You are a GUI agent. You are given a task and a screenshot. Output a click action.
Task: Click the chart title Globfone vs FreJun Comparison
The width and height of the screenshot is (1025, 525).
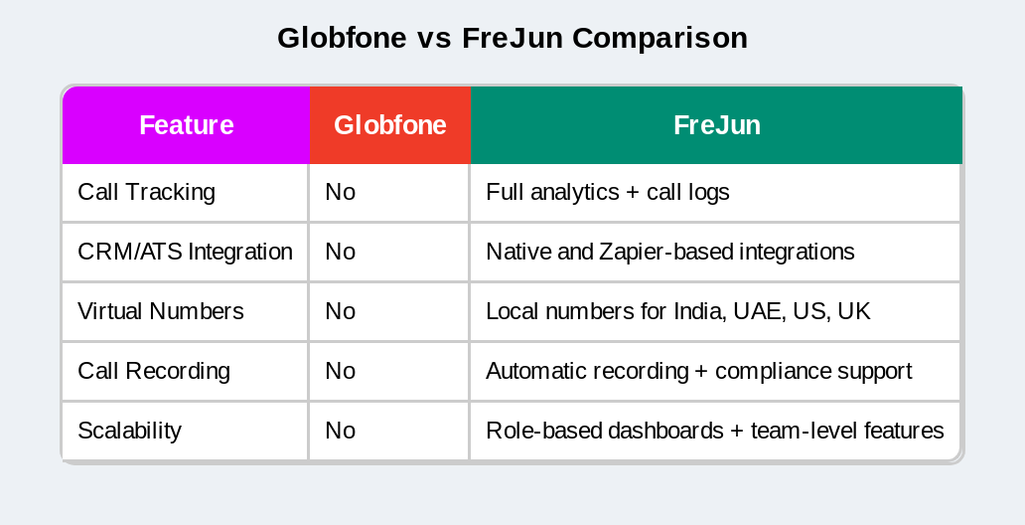tap(512, 38)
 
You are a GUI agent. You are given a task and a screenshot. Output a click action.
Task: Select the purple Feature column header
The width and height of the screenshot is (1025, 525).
tap(186, 125)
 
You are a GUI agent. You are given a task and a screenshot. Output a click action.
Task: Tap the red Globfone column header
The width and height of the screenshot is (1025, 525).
tap(389, 125)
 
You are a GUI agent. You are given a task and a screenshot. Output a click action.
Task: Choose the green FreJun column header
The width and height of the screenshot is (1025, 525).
tap(716, 125)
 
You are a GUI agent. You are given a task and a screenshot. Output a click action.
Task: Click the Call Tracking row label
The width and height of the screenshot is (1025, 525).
tap(146, 192)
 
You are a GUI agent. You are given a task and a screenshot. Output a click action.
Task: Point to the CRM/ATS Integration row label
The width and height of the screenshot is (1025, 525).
tap(185, 252)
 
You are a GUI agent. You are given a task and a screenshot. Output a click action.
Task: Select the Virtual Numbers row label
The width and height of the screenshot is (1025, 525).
tap(160, 311)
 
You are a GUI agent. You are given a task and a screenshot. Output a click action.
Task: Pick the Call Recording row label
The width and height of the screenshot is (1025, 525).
tap(153, 371)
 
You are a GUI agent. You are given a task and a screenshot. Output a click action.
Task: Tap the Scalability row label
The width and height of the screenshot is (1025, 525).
tap(129, 431)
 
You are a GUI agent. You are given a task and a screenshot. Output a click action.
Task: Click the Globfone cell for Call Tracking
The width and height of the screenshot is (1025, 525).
tap(340, 192)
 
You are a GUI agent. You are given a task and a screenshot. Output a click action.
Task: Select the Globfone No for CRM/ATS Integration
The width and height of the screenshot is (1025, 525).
tap(340, 252)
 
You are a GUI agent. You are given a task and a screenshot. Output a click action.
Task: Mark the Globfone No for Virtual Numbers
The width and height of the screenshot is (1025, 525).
tap(340, 311)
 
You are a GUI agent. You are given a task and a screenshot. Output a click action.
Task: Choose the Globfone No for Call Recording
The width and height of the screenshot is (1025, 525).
tap(340, 371)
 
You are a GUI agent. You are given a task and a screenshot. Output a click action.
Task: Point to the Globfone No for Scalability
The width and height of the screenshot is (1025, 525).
tap(340, 431)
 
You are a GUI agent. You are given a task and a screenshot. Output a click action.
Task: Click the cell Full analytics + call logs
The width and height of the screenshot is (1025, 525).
tap(607, 192)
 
